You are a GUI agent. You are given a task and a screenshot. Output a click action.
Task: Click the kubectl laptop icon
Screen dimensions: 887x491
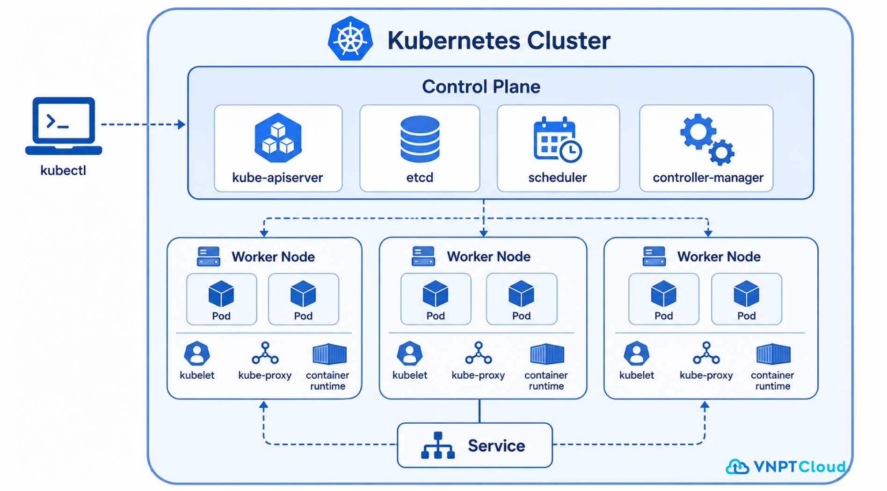64,126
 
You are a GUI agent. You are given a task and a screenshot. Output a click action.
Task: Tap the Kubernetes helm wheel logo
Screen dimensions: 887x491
350,39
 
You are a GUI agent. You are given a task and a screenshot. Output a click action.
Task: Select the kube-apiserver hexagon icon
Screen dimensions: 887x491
278,137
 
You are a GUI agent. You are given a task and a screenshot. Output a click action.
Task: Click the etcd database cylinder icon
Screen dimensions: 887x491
420,139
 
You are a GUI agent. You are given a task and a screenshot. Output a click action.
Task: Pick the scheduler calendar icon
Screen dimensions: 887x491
557,139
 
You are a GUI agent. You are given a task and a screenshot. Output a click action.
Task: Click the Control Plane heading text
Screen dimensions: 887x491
481,87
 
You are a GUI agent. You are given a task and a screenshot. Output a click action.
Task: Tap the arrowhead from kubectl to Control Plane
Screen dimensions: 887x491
182,124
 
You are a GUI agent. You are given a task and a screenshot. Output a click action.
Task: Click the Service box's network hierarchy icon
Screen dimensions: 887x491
438,445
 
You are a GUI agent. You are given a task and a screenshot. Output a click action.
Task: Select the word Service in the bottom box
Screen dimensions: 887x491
496,446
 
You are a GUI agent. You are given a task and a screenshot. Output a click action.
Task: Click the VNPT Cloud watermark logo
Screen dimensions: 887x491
786,466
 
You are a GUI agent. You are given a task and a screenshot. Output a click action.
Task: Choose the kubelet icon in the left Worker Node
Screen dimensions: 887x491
197,354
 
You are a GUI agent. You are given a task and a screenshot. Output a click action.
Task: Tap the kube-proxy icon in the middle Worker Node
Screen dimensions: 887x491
478,353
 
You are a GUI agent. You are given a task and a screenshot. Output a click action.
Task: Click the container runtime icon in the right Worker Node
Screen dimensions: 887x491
773,354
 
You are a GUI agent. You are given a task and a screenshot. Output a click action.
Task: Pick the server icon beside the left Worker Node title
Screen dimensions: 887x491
209,257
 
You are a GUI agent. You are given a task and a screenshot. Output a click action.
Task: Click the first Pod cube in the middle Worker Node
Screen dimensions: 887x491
436,294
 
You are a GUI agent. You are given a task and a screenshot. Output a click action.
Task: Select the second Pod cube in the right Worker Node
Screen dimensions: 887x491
747,294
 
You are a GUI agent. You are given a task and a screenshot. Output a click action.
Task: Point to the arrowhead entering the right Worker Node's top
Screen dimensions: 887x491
708,233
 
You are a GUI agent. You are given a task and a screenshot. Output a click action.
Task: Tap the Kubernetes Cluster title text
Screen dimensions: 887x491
499,41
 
